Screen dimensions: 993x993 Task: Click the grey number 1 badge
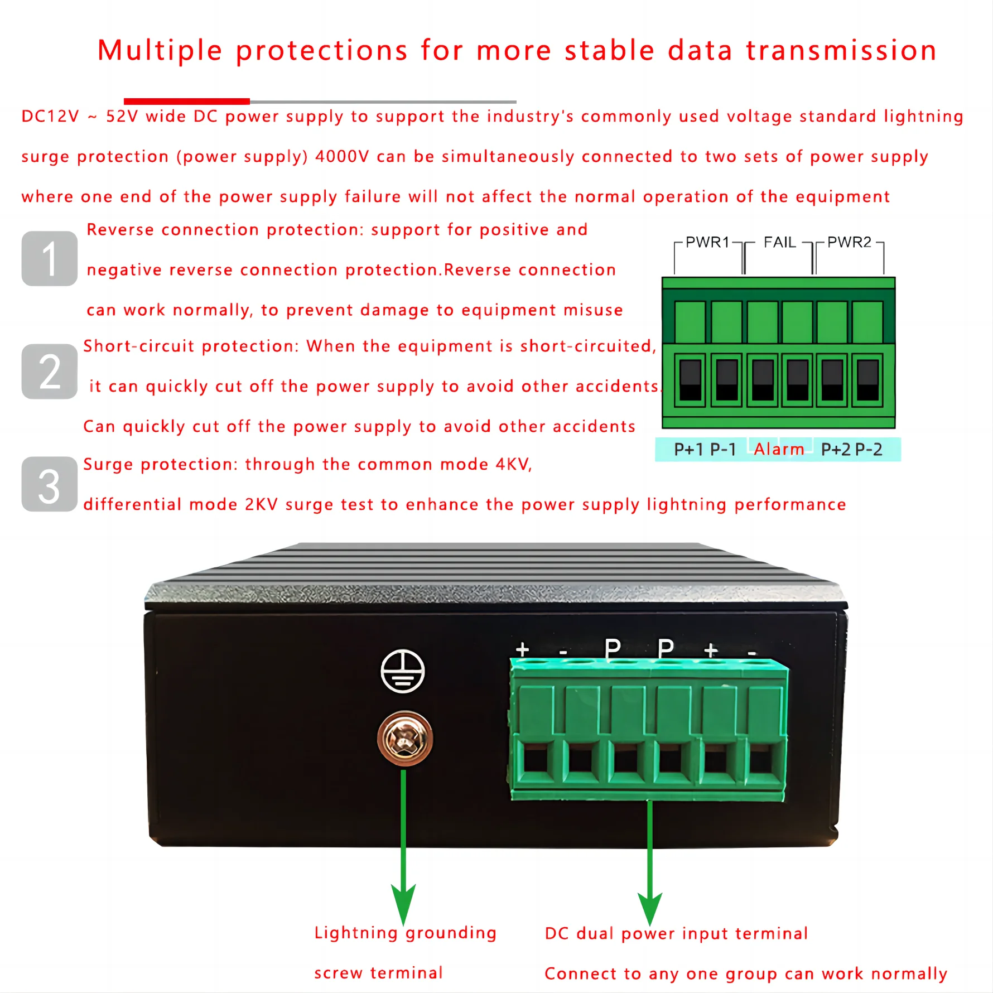(49, 258)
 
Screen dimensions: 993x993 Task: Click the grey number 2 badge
(49, 372)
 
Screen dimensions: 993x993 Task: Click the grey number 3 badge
(49, 484)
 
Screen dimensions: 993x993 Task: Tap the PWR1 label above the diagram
(707, 242)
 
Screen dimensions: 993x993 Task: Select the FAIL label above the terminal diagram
(779, 242)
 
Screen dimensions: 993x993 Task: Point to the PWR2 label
(849, 242)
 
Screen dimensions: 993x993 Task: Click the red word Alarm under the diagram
(779, 449)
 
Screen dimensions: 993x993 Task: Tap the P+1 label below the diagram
(688, 449)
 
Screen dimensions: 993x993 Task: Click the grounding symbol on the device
(402, 671)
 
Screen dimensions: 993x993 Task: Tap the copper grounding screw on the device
(405, 739)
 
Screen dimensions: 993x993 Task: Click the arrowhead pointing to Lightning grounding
(403, 904)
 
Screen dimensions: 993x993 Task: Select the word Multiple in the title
(160, 50)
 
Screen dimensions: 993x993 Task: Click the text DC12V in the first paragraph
(50, 116)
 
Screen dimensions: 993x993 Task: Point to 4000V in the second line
(342, 156)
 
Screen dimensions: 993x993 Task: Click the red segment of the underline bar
(186, 101)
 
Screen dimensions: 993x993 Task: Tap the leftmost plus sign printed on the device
(522, 649)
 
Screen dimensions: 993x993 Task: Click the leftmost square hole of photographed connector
(536, 760)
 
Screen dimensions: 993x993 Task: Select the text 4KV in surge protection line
(513, 464)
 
